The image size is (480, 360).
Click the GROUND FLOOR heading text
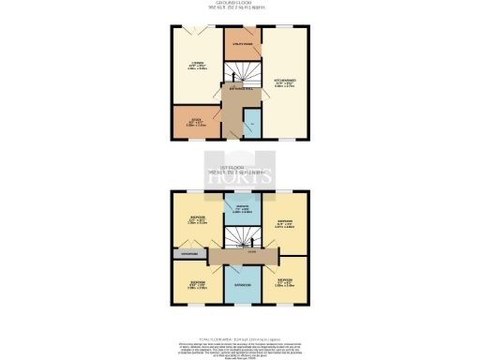pos(240,4)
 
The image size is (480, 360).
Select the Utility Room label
pos(243,42)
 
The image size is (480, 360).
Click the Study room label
pos(194,121)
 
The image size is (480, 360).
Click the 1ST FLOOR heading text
pos(240,168)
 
